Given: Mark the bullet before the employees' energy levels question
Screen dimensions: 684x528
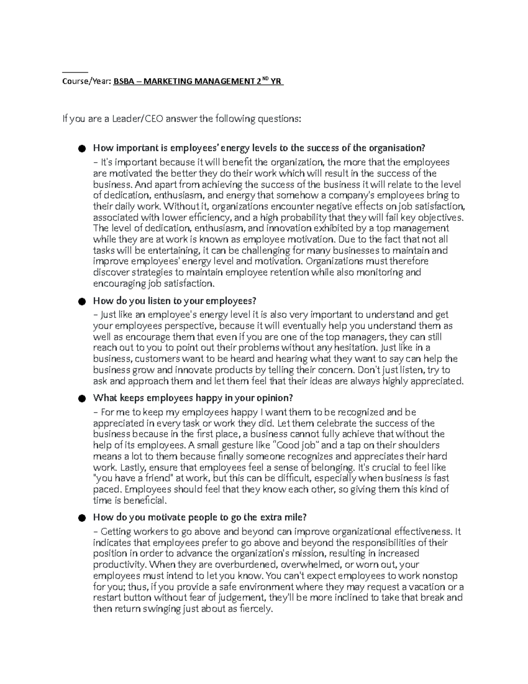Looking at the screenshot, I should click(81, 148).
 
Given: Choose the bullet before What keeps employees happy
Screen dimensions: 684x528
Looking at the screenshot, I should click(81, 399).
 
